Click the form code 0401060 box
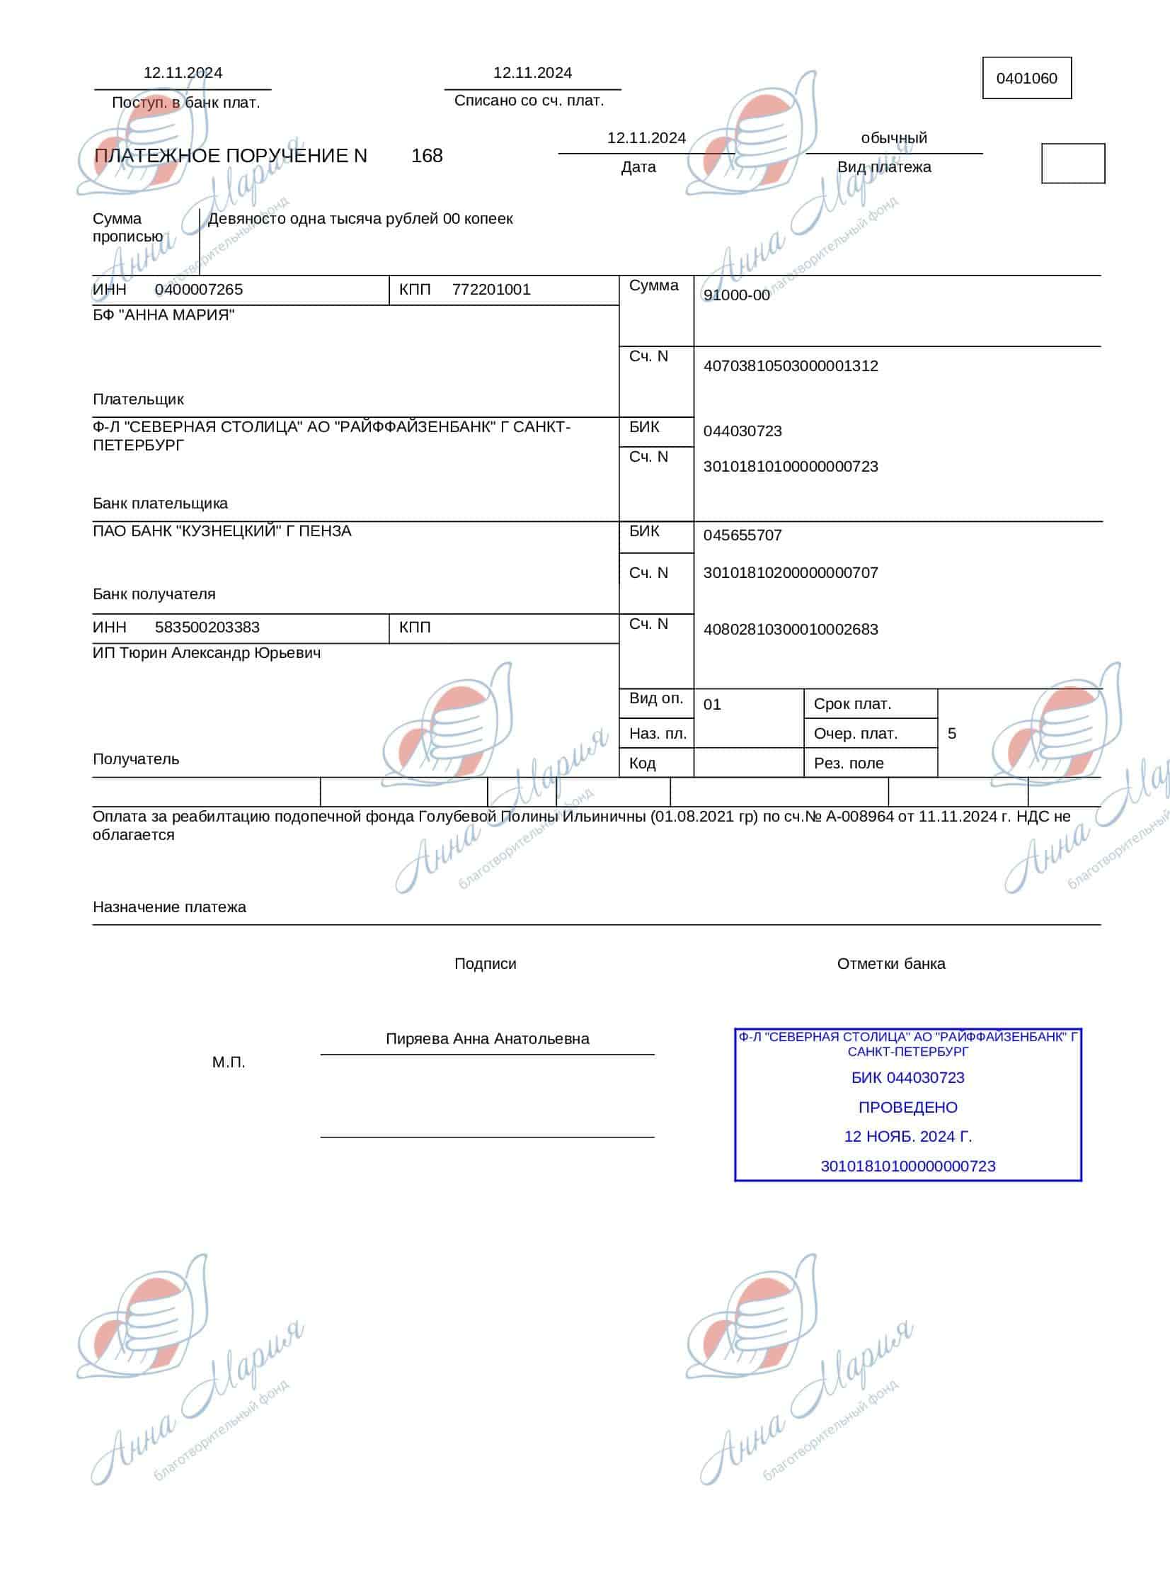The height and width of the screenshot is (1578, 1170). click(x=1026, y=78)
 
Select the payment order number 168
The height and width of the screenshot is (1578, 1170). click(x=426, y=156)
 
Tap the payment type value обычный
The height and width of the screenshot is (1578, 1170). click(x=894, y=138)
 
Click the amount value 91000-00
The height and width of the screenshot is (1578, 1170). click(x=737, y=295)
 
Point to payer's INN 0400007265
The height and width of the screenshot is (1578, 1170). click(x=198, y=290)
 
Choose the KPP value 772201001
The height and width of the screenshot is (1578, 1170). click(x=491, y=290)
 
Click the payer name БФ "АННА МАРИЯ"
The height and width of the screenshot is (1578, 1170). click(x=164, y=315)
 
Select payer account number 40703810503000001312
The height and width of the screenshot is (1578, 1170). click(x=791, y=366)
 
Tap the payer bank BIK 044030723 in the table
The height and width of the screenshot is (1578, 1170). click(x=742, y=431)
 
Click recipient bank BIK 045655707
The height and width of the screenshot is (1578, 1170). click(x=742, y=535)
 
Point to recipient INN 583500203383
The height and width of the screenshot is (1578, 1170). click(x=207, y=628)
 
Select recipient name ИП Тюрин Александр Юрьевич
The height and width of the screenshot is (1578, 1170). click(x=207, y=653)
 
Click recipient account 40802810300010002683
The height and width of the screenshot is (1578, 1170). click(x=791, y=630)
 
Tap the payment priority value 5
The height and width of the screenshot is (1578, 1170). click(x=952, y=734)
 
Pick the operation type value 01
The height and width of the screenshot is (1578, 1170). click(x=712, y=705)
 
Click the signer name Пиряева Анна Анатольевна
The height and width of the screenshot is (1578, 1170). click(x=487, y=1040)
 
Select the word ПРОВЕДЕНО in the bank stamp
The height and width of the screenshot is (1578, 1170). click(x=908, y=1108)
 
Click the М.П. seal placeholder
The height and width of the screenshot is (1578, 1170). click(x=229, y=1063)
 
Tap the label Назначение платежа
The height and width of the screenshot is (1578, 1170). click(x=169, y=908)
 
